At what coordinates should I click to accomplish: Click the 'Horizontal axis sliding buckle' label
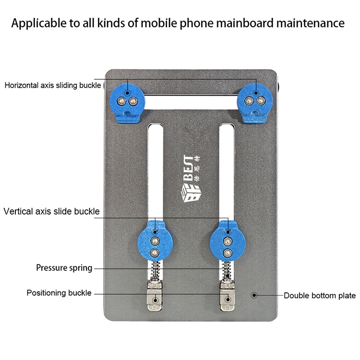coord(53,85)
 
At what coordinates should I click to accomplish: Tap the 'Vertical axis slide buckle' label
coord(51,211)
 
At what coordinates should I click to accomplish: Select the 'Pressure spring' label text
coord(64,268)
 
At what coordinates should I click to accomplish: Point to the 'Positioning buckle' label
coord(59,293)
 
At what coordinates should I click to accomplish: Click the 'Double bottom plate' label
coord(320,296)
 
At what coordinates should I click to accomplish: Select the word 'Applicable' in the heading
coord(36,23)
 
